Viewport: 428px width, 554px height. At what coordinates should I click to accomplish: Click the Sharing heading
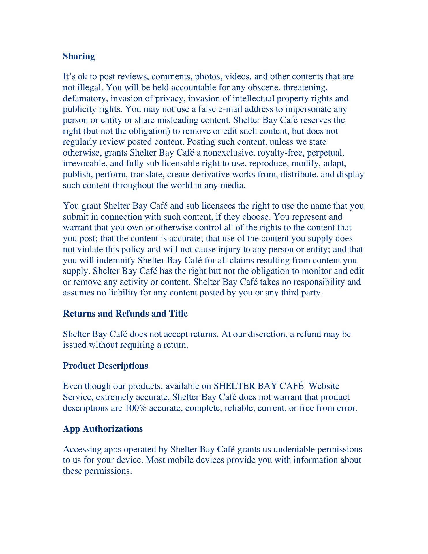pyautogui.click(x=79, y=56)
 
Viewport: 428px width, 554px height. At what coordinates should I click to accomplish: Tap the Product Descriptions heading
pyautogui.click(x=105, y=366)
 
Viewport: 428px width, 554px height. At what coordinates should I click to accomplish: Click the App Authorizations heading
pyautogui.click(x=103, y=428)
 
